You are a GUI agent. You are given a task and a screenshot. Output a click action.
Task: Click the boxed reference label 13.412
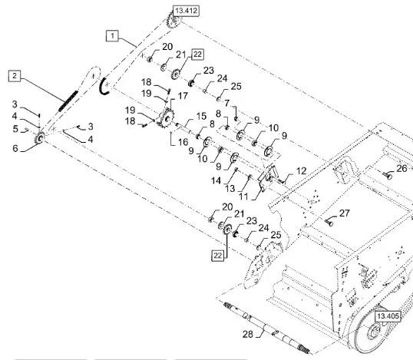186,11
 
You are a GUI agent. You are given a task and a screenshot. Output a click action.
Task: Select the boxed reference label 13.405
388,316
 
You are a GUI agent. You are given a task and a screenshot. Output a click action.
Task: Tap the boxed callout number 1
113,35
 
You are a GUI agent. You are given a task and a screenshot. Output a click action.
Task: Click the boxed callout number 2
15,76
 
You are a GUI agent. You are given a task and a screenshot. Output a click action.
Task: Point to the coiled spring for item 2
68,101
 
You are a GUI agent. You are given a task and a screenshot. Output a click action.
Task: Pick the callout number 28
248,334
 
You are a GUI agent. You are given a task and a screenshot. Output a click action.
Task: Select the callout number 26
401,169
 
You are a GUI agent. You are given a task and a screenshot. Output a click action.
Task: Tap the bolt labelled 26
388,175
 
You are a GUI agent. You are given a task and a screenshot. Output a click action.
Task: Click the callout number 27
344,213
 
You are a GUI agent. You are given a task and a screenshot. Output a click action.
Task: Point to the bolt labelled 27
329,223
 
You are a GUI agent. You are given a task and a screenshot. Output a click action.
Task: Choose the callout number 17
183,96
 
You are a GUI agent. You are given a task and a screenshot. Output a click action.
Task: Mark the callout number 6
15,148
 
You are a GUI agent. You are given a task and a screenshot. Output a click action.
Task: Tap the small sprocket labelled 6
39,138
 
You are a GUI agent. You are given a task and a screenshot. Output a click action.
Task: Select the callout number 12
302,171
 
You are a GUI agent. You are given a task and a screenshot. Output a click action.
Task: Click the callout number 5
15,129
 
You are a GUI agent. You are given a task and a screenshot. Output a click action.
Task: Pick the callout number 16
183,142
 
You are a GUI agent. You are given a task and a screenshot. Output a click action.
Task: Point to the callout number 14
216,180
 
